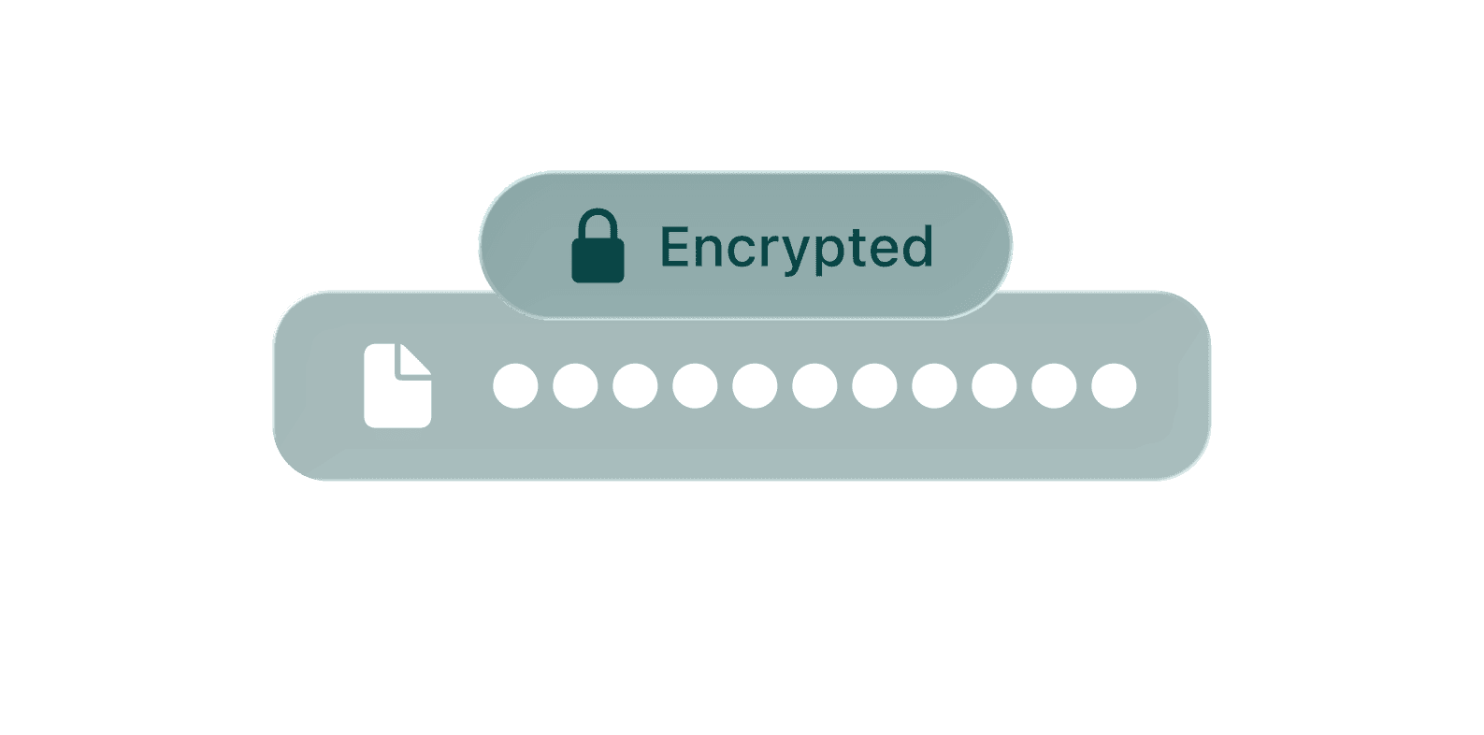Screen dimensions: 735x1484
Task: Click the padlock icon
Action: tap(598, 247)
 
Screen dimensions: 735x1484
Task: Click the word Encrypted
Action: tap(797, 247)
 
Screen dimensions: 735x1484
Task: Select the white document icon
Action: tap(397, 386)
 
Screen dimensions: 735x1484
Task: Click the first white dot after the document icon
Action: tap(515, 386)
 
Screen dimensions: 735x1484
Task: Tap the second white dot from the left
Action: tap(575, 386)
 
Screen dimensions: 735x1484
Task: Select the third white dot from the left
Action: tap(635, 386)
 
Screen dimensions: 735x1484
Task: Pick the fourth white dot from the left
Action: tap(695, 386)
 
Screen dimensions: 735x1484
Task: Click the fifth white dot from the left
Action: tap(755, 386)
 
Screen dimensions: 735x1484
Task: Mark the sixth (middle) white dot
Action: tap(814, 386)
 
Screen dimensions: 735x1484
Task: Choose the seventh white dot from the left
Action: tap(874, 386)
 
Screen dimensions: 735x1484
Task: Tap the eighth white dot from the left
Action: tap(934, 386)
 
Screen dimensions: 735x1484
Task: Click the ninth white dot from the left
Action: tap(994, 386)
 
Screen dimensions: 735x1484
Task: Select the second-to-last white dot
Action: tap(1054, 386)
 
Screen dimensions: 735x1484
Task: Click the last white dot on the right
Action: tap(1114, 386)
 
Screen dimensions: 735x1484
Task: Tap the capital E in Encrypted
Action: tap(675, 247)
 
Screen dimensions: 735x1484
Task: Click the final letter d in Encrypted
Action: tap(917, 247)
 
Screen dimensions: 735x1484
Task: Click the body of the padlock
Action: tap(598, 261)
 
